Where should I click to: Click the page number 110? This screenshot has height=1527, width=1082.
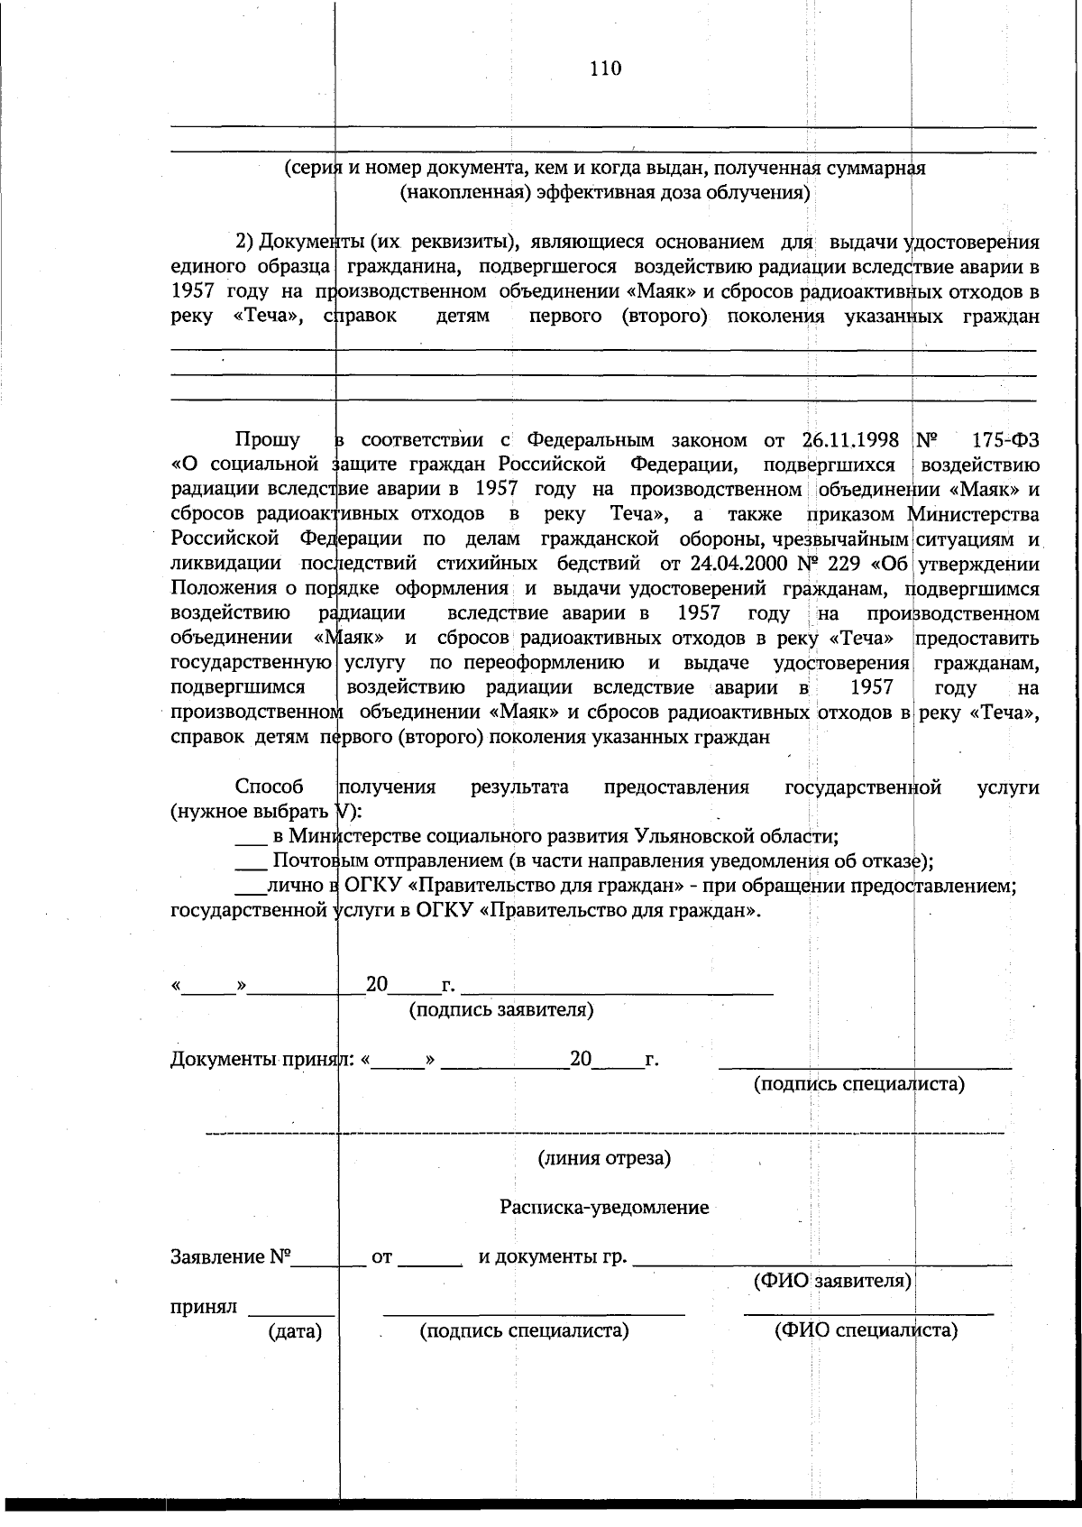(x=605, y=69)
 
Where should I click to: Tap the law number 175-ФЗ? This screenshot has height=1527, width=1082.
(x=1005, y=440)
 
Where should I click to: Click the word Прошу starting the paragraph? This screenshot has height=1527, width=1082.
(x=268, y=440)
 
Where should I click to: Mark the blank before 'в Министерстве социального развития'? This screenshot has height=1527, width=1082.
(x=251, y=837)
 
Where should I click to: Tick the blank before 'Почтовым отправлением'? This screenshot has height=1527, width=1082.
(x=251, y=861)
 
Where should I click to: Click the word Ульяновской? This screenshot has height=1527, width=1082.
(x=699, y=835)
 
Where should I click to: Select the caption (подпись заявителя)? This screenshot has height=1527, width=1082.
(x=501, y=1009)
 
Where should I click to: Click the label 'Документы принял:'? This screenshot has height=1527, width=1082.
(x=264, y=1059)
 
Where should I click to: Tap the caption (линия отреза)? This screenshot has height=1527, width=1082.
(x=604, y=1158)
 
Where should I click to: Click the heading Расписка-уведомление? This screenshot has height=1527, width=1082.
(x=604, y=1207)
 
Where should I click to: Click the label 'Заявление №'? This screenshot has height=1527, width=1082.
(x=231, y=1256)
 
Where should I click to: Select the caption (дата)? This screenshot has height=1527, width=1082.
(x=295, y=1330)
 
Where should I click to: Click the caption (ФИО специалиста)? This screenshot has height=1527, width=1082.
(x=866, y=1330)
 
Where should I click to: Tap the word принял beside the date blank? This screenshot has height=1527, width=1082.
(x=203, y=1306)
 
